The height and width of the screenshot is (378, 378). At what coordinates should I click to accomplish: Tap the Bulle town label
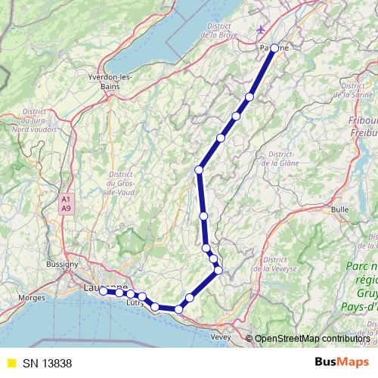pos(340,208)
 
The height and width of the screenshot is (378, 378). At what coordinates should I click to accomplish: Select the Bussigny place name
pos(61,265)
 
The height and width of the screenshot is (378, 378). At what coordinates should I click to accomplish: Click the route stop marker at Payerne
pos(274,48)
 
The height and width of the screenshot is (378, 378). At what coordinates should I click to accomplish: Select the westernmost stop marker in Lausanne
pos(104,290)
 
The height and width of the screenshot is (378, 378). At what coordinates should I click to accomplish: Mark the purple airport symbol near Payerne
pos(262,29)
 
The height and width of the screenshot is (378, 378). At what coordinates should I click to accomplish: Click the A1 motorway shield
pos(66,199)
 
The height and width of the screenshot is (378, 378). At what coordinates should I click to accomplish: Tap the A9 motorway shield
pos(66,207)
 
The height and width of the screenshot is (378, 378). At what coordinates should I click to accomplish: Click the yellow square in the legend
pos(11,361)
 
